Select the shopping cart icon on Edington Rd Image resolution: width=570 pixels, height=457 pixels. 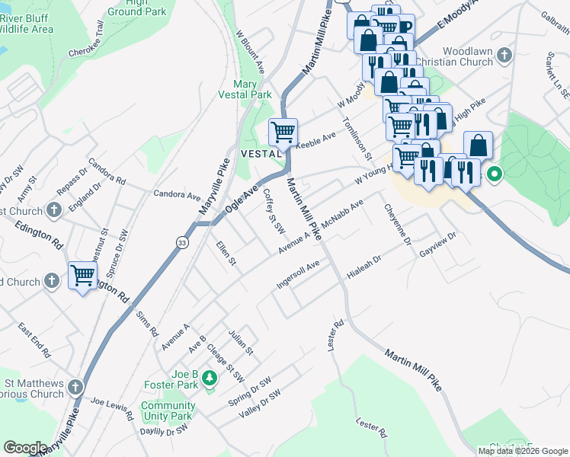(x=82, y=275)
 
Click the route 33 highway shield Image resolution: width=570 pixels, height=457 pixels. (x=181, y=242)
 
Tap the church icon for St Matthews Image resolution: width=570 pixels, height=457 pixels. (x=75, y=388)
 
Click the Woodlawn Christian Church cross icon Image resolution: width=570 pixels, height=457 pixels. (x=504, y=56)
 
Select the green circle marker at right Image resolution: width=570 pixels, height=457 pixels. (x=494, y=175)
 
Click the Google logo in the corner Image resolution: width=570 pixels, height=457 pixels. (x=25, y=448)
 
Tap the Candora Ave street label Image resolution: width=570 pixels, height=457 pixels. (x=177, y=195)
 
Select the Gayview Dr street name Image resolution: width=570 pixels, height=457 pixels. (x=437, y=244)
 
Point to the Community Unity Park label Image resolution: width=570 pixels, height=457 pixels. (x=167, y=411)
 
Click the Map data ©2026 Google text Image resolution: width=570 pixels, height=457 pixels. (x=522, y=451)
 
